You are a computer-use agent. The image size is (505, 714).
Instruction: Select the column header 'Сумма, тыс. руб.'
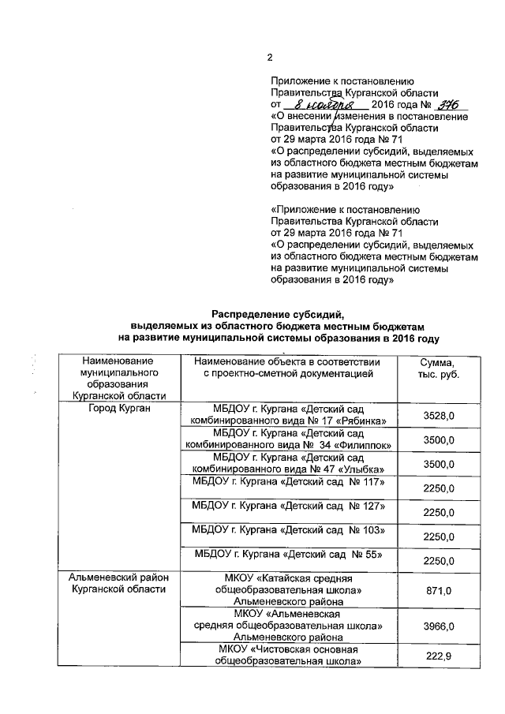click(438, 368)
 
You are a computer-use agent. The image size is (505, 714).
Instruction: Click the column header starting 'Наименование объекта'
click(287, 368)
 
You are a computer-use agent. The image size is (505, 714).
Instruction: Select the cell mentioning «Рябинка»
click(287, 415)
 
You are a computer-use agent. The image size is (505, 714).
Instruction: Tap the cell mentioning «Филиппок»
click(287, 439)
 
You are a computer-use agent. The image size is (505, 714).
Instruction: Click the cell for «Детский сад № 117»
click(287, 482)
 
